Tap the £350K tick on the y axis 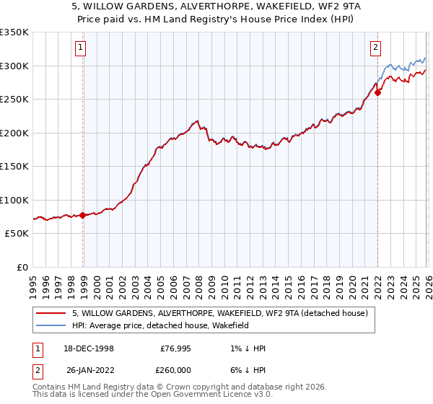click(x=14, y=32)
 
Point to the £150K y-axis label click(x=14, y=166)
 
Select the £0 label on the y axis click(x=23, y=267)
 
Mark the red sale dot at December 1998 click(x=82, y=215)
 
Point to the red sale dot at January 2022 click(x=377, y=92)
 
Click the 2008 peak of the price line click(x=197, y=120)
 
